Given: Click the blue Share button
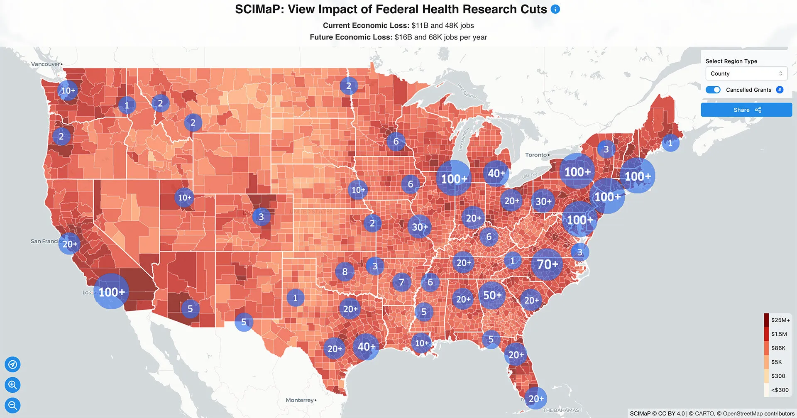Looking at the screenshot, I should point(746,110).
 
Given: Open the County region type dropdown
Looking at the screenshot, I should point(746,73).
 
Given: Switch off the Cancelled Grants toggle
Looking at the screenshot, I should point(713,90).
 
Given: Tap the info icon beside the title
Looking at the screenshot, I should point(555,9).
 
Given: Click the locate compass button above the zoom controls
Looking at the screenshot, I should point(12,364).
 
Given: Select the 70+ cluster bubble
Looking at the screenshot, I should point(547,264).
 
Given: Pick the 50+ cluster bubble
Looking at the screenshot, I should point(492,295).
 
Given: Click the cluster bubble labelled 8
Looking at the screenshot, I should point(345,272).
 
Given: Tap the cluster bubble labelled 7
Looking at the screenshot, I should point(401,282).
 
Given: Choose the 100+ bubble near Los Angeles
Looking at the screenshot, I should point(111,292).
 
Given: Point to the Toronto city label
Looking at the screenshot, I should point(536,155).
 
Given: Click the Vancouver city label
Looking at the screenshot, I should point(45,64).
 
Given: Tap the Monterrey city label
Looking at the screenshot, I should point(299,400).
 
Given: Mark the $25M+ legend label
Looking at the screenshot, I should point(780,320).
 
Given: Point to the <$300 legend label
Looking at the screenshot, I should point(780,390).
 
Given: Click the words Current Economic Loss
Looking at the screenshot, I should point(366,26).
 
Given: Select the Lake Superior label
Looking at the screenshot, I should point(467,90).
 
